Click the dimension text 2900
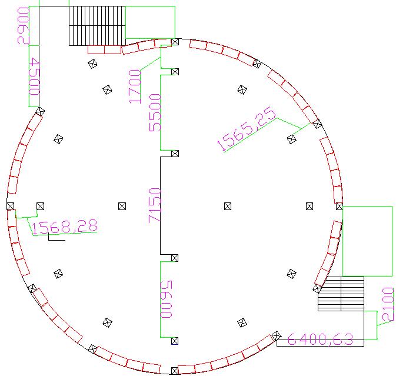(24, 26)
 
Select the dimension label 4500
(34, 76)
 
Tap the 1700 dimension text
(135, 86)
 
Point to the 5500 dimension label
(155, 112)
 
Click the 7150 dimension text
(155, 205)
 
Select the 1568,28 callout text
(65, 227)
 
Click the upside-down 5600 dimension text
(167, 299)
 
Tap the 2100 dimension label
(388, 304)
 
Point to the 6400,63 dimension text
(320, 340)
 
